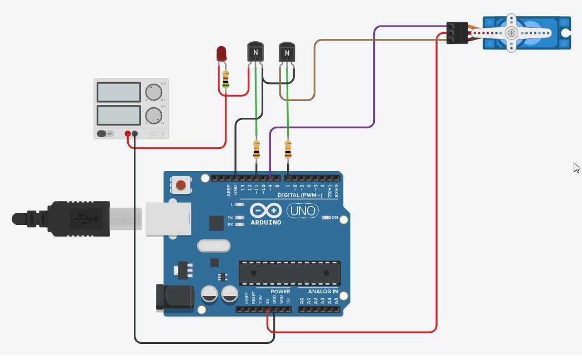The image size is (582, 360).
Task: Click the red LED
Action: click(222, 54)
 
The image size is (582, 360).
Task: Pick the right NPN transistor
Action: click(287, 53)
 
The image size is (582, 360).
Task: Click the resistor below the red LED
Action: click(225, 80)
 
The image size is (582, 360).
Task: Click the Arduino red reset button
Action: click(180, 185)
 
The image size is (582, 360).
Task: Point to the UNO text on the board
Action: click(303, 211)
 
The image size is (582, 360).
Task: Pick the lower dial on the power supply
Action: click(153, 115)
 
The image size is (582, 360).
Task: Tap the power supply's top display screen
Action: click(118, 92)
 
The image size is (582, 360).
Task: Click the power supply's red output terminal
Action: click(128, 134)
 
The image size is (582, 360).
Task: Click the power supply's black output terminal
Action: click(135, 134)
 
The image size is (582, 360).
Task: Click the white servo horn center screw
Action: click(511, 33)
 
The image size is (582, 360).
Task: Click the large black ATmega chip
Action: click(289, 273)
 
